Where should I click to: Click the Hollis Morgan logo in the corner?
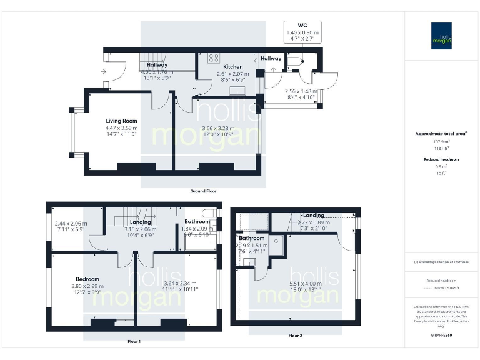[x=441, y=36]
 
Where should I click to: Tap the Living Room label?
[x=121, y=121]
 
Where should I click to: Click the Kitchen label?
[x=233, y=66]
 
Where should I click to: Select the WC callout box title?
[x=302, y=26]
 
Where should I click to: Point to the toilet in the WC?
[x=297, y=61]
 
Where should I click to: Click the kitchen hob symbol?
[x=214, y=59]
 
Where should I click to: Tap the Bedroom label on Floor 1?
[x=87, y=279]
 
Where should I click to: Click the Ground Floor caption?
[x=203, y=191]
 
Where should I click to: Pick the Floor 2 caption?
[x=296, y=336]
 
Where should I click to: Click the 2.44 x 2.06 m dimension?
[x=71, y=224]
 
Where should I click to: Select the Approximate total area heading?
[x=441, y=133]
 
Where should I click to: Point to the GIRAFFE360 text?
[x=441, y=336]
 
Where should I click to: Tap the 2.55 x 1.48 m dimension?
[x=301, y=91]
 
